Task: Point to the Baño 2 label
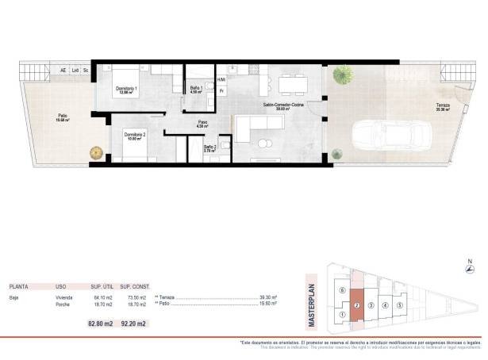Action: [x=210, y=147]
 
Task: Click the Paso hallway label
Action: [x=202, y=123]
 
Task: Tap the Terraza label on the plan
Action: [x=443, y=107]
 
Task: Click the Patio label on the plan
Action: [x=62, y=118]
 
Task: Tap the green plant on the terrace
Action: [x=343, y=75]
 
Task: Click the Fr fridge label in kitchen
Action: [x=222, y=91]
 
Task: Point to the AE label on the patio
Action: [x=63, y=70]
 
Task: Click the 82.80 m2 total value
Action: [x=99, y=323]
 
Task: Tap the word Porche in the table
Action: [x=64, y=304]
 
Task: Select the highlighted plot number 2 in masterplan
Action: [x=357, y=304]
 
